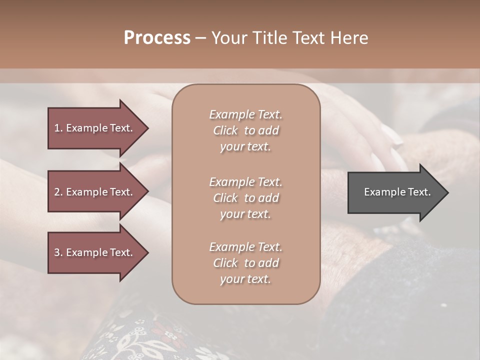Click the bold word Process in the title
tap(157, 37)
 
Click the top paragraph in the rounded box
tap(245, 130)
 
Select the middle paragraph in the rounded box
tap(245, 198)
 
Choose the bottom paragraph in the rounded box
tap(245, 263)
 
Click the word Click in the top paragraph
tap(225, 130)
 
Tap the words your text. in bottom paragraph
tap(245, 279)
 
